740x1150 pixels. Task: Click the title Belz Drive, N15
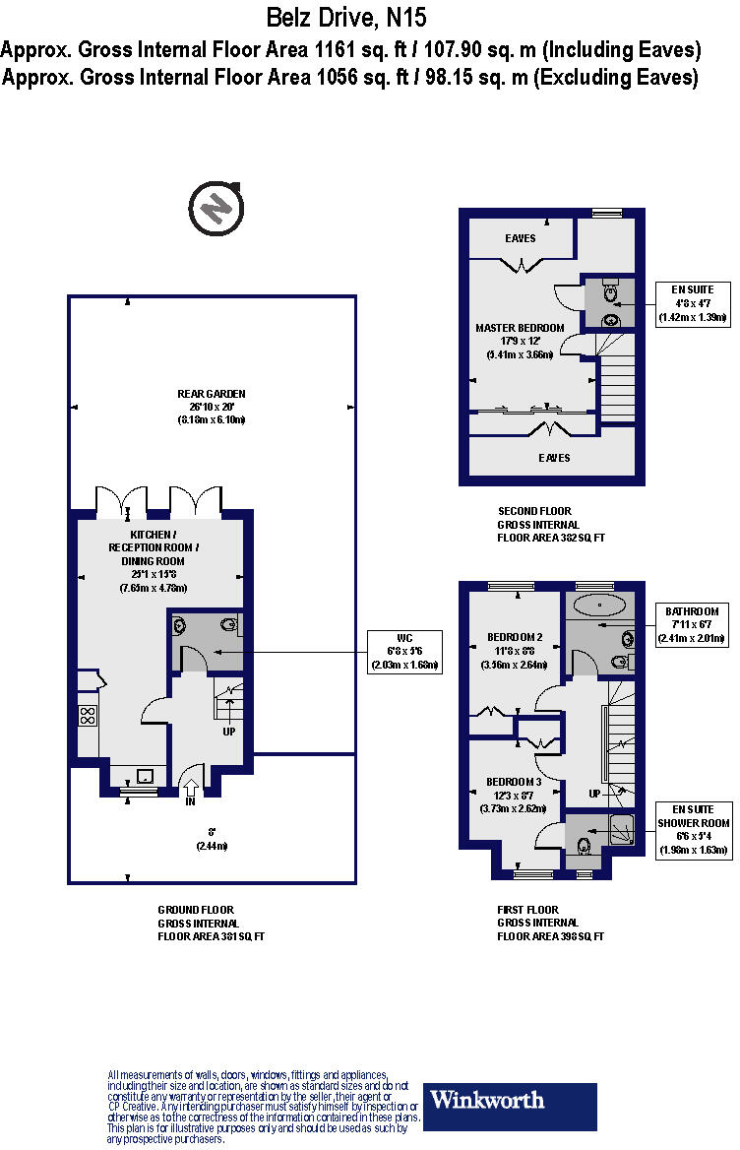point(347,18)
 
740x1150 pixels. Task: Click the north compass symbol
point(216,208)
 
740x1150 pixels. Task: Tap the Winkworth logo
point(511,1107)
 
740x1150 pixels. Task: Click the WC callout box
point(405,651)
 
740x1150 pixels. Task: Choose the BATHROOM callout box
point(694,624)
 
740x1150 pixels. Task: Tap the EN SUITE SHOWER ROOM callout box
point(694,830)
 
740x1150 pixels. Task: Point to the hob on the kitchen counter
point(88,715)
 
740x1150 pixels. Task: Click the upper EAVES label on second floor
point(521,238)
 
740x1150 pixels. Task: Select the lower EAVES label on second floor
point(553,458)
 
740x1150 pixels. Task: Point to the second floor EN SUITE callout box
point(694,303)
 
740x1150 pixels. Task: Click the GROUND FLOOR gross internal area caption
point(211,923)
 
